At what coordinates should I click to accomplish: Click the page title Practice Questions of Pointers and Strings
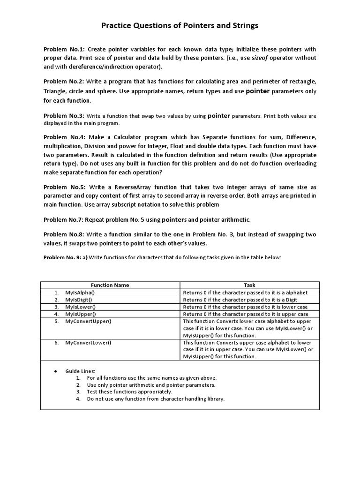[180, 26]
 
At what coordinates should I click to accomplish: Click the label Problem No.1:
[64, 49]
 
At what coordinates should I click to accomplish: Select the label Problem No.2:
[64, 81]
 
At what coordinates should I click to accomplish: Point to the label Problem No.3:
[64, 116]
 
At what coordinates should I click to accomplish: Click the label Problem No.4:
[64, 137]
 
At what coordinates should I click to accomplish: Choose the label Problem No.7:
[64, 219]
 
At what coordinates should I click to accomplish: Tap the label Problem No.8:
[64, 234]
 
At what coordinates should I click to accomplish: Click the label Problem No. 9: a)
[65, 257]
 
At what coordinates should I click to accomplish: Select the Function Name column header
[110, 285]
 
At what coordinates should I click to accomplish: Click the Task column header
[249, 285]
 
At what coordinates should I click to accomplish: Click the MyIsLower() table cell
[80, 307]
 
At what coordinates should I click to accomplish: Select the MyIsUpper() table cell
[80, 314]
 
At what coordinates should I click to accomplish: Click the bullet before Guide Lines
[55, 371]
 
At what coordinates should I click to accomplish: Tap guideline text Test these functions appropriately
[129, 391]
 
